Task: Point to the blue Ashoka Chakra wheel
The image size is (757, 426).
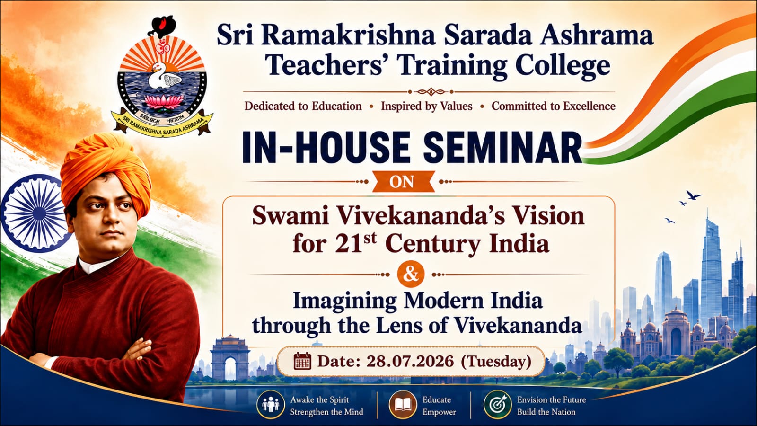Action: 34,213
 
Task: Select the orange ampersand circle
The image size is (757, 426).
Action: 411,275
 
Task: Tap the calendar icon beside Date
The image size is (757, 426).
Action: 302,361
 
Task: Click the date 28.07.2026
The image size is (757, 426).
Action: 410,362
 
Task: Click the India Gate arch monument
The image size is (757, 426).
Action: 230,358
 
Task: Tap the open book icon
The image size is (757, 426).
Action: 403,404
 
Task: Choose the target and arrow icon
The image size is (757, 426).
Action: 497,404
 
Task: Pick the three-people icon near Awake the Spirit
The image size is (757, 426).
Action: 270,404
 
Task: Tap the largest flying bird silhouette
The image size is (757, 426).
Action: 694,195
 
